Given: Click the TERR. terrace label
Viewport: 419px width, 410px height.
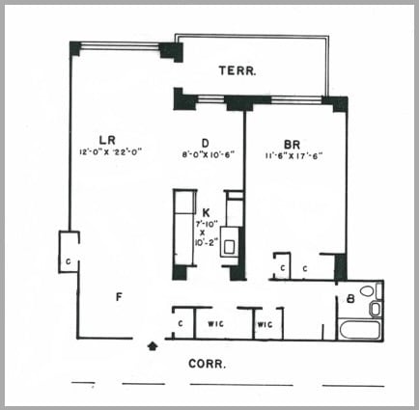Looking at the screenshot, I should click(236, 71).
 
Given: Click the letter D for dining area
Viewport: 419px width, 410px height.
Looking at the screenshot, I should click(207, 141).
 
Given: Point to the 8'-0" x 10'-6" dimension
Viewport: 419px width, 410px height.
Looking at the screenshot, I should click(208, 152).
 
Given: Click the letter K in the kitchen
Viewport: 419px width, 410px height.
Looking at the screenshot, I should click(207, 210).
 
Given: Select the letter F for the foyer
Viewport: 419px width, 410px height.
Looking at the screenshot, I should click(118, 296).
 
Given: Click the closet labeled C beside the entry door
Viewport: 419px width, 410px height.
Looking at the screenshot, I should click(182, 323).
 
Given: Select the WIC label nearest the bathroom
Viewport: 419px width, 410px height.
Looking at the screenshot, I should click(264, 323).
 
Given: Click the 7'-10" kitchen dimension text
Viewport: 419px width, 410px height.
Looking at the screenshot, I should click(207, 223).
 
